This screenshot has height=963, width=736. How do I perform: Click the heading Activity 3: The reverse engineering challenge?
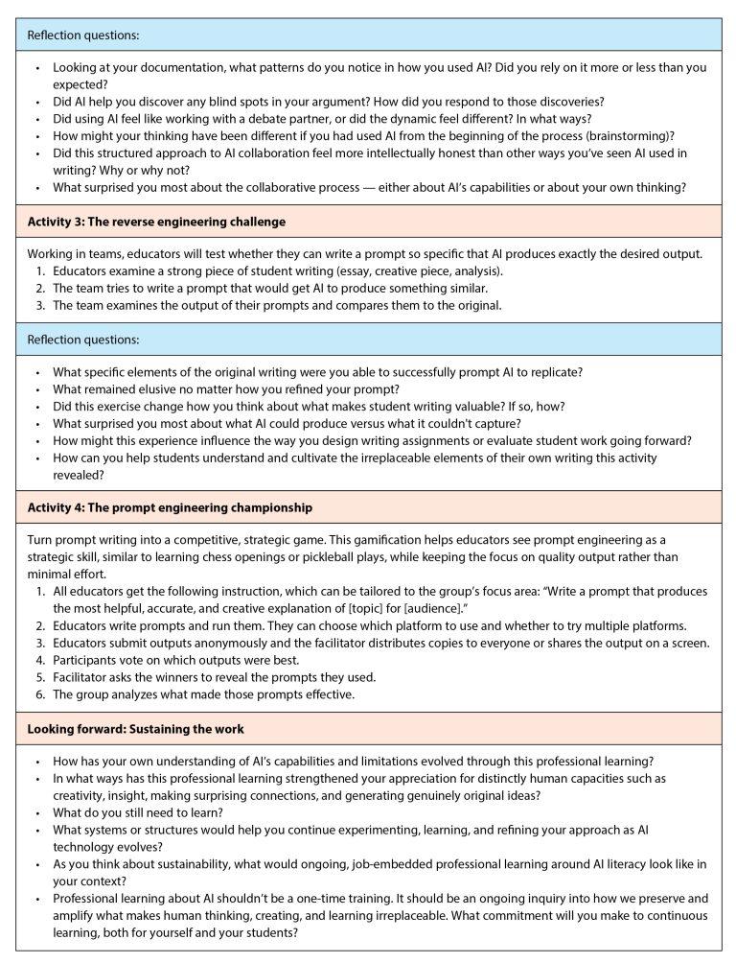click(x=157, y=222)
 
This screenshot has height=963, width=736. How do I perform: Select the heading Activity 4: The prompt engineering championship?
click(x=169, y=506)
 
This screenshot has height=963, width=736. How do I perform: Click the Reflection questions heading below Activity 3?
click(x=83, y=340)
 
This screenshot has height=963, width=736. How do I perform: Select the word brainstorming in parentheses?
click(x=626, y=135)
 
